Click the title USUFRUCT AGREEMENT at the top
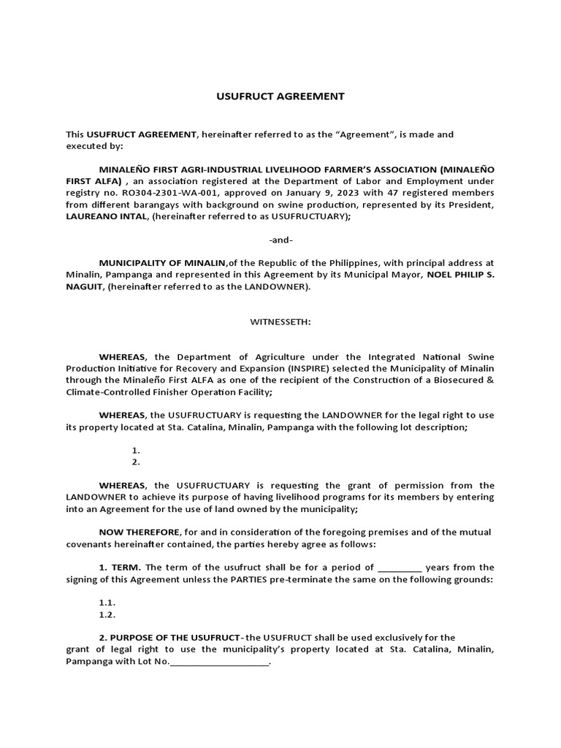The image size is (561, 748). [x=280, y=96]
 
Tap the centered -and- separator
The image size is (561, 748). [x=280, y=240]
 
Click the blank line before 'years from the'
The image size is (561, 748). [x=400, y=568]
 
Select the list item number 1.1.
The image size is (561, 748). [x=107, y=603]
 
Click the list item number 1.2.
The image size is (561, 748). [x=107, y=615]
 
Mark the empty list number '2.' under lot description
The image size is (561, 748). [x=136, y=462]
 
